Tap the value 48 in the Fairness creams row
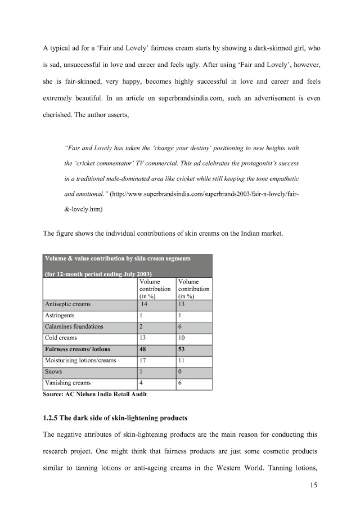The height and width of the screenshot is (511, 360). click(143, 349)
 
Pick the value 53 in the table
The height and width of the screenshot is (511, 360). click(182, 349)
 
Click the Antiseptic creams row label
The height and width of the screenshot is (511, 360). click(67, 304)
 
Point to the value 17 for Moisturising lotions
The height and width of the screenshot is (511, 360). click(143, 360)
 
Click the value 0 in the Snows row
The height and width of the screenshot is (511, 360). click(180, 372)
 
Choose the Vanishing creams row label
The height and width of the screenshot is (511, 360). click(67, 383)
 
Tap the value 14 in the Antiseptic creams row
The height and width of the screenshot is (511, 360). click(145, 304)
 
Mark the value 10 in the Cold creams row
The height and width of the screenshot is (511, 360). click(182, 338)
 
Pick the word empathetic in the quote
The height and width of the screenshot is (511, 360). click(279, 178)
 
